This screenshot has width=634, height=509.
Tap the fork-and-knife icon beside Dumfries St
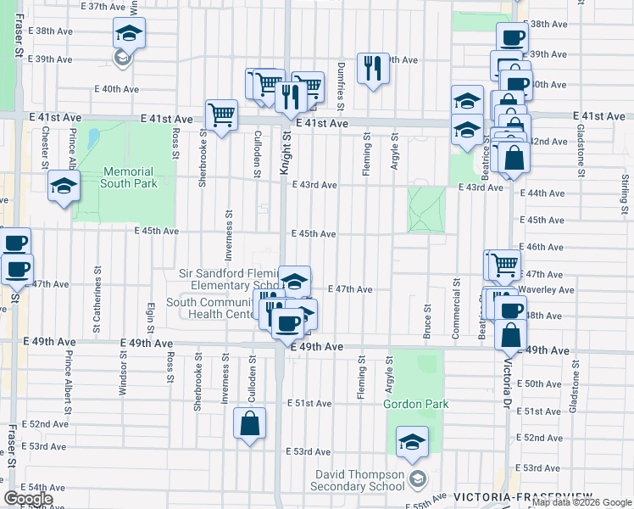click(372, 68)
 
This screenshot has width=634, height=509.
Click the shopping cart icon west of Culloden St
click(221, 114)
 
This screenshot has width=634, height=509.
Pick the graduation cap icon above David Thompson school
click(412, 441)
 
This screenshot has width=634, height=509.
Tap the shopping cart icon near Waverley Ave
click(504, 265)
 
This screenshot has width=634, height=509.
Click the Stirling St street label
click(625, 191)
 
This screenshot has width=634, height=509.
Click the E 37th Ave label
click(101, 6)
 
